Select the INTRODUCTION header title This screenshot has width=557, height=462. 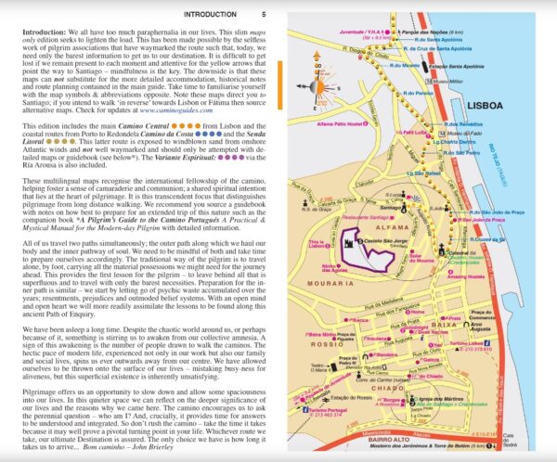[210, 14]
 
